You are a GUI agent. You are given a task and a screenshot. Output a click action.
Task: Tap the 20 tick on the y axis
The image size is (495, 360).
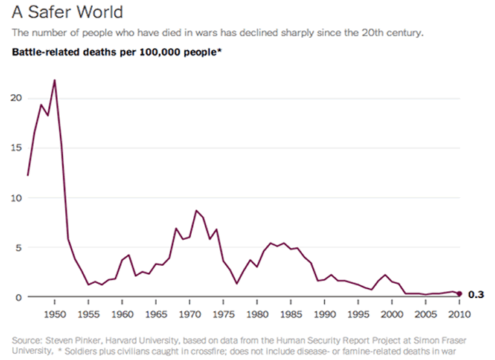pyautogui.click(x=17, y=98)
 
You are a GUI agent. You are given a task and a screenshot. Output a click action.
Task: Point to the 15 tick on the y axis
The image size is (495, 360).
pyautogui.click(x=17, y=148)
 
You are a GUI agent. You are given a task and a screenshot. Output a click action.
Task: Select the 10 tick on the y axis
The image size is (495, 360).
pyautogui.click(x=17, y=198)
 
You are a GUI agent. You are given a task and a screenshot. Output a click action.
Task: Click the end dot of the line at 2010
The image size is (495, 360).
pyautogui.click(x=459, y=294)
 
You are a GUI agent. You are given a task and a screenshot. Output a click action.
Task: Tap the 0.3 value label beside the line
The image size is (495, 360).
pyautogui.click(x=476, y=295)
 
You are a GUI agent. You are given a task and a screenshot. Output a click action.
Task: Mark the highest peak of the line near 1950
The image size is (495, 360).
pyautogui.click(x=54, y=80)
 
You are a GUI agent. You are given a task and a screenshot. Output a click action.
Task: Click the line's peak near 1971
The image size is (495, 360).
pyautogui.click(x=197, y=210)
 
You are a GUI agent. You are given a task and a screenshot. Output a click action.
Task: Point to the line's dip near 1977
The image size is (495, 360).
pyautogui.click(x=236, y=283)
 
